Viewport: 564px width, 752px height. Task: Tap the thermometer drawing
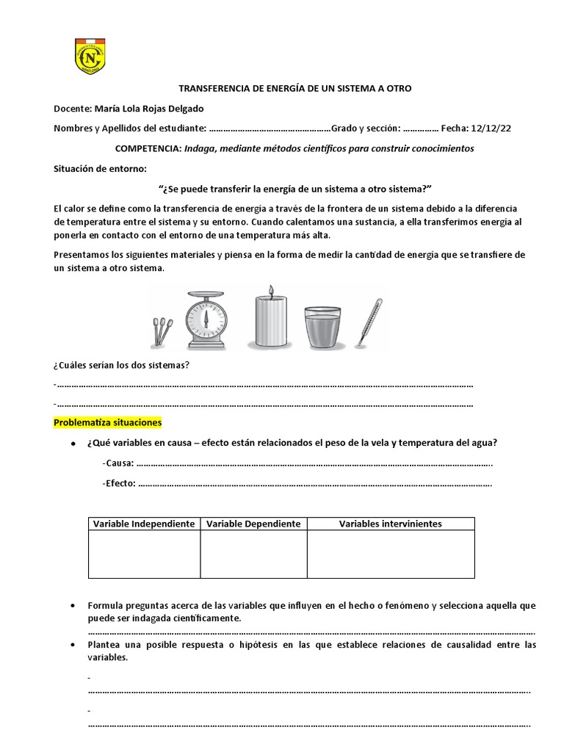tap(369, 321)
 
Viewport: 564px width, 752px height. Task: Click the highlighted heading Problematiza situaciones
tap(107, 423)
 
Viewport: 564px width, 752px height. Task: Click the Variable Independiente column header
tap(144, 524)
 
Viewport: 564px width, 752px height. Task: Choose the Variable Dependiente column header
tap(253, 524)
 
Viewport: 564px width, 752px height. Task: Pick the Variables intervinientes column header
tap(390, 524)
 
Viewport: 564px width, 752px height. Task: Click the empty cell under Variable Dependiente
tap(253, 554)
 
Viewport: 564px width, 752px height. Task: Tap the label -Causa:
tap(118, 463)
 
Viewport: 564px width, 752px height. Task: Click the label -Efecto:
tap(119, 483)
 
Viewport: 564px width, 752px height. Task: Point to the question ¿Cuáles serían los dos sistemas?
tap(122, 365)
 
